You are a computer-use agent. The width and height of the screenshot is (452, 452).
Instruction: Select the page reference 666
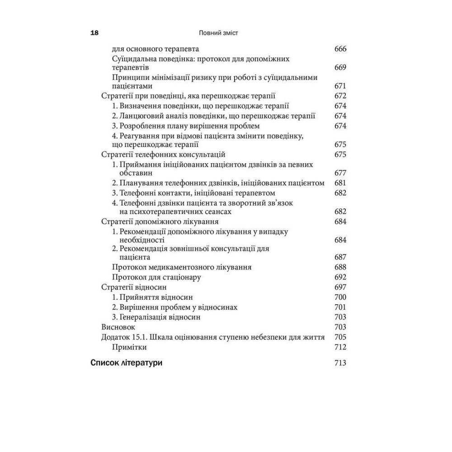tap(340, 49)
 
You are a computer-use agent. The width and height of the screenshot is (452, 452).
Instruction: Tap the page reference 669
tap(340, 67)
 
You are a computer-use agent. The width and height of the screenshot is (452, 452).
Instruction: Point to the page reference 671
tap(340, 86)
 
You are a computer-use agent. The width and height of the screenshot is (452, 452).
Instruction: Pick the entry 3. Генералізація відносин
tap(156, 317)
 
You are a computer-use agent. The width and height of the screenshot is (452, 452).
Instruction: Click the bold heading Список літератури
tap(127, 363)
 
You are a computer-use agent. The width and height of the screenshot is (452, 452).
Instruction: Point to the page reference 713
tap(340, 363)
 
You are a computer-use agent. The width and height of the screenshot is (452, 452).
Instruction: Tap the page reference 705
tap(340, 337)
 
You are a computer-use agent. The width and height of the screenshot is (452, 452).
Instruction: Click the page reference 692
tap(340, 277)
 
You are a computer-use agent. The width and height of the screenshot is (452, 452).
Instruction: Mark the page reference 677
tap(340, 173)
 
